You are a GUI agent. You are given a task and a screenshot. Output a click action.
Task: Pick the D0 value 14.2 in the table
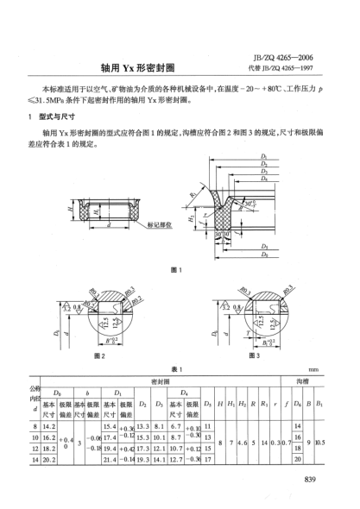pyautogui.click(x=49, y=424)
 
